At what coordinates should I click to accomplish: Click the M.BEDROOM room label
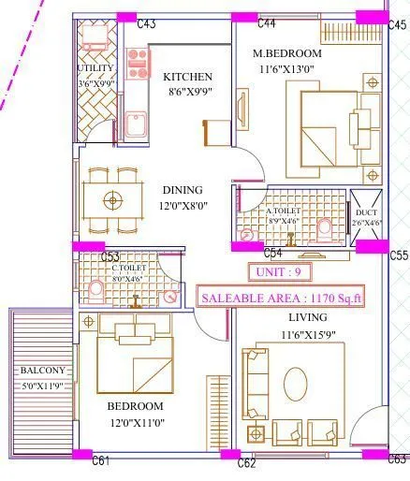[293, 52]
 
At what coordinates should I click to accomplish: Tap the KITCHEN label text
[188, 77]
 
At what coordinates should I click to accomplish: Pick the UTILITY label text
[95, 68]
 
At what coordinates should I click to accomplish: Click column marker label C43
[146, 23]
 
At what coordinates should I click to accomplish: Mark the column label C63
[396, 459]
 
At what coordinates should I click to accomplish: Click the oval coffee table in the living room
[296, 382]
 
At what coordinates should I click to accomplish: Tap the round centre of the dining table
[114, 199]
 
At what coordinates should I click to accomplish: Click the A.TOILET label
[283, 211]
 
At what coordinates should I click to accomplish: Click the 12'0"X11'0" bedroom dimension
[135, 422]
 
